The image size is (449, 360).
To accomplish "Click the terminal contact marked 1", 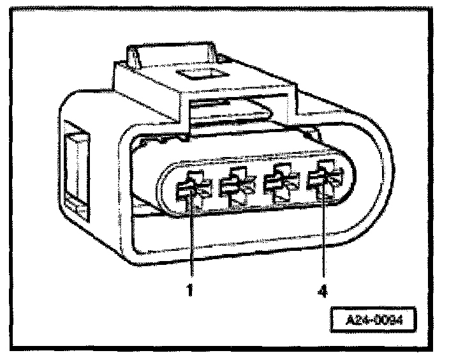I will [188, 188].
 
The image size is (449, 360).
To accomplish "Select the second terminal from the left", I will [233, 187].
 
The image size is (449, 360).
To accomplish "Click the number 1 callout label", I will [189, 293].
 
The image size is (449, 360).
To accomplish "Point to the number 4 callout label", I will [324, 293].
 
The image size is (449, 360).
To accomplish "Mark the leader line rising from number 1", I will [189, 243].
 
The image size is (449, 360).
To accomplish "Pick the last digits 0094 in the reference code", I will [391, 318].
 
